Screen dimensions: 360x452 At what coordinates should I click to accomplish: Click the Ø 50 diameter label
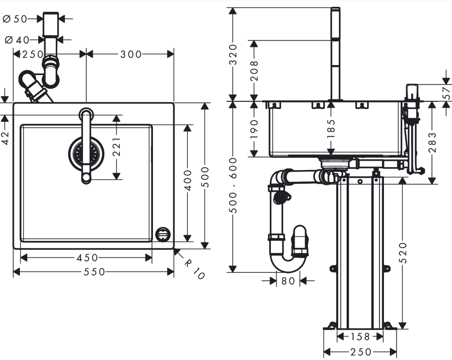pos(15,19)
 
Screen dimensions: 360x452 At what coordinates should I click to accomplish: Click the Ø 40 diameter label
pos(17,40)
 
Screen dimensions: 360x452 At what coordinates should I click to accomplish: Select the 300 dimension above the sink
pos(131,54)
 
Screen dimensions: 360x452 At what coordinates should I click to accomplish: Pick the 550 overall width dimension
pos(94,272)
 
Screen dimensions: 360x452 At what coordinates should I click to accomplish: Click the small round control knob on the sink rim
pos(162,235)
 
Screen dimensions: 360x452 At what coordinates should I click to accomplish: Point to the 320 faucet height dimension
pos(233,54)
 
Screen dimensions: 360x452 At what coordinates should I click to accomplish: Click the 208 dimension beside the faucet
pos(254,71)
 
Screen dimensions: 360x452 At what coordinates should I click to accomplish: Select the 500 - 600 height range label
pos(233,186)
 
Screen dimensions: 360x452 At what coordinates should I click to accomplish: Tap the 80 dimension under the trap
pos(288,281)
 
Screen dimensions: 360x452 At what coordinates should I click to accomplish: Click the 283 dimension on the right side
pos(432,142)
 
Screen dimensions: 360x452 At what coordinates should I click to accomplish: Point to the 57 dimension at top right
pos(447,93)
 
